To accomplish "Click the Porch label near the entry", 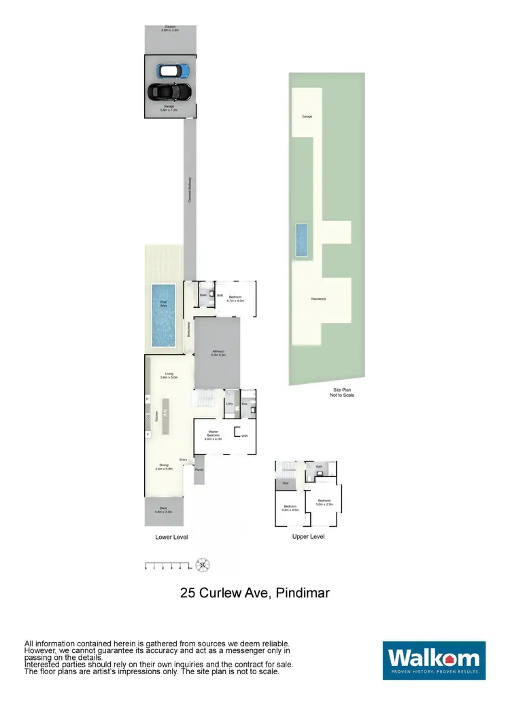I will (199, 470).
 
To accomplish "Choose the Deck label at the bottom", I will (164, 510).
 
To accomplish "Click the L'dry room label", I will (230, 404).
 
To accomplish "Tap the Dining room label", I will (164, 467).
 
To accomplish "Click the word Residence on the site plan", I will (319, 299).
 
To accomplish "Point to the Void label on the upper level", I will (285, 484).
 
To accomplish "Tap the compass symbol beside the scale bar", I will (203, 564).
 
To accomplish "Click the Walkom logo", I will (434, 660).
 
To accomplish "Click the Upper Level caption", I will (307, 536).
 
